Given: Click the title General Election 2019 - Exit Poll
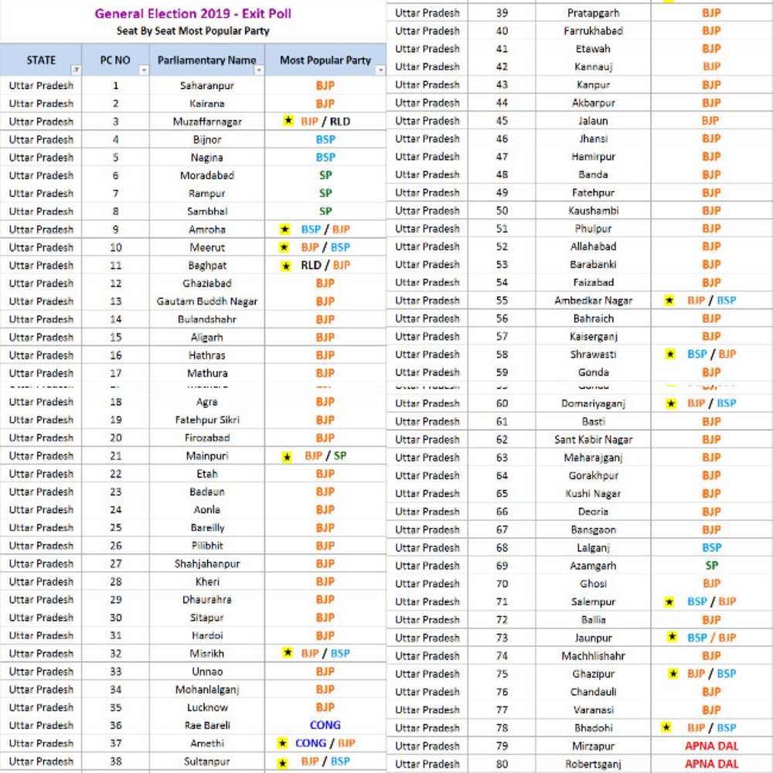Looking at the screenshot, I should (193, 14).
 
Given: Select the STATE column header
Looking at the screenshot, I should (41, 60).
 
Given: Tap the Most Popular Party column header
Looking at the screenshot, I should (325, 60).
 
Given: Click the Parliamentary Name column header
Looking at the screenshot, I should (206, 60).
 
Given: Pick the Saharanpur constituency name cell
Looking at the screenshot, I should (206, 85).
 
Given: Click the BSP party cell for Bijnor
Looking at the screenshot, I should (325, 140).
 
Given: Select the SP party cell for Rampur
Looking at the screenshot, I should (325, 193).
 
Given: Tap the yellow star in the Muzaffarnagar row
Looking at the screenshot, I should (288, 122).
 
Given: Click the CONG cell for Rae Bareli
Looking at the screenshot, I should (325, 725).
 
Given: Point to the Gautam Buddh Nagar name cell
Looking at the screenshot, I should (207, 301).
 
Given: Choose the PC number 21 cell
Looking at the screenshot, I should (115, 456).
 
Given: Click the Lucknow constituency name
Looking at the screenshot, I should (207, 707).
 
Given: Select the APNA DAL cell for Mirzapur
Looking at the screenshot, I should (711, 746).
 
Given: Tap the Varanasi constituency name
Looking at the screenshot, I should (594, 710).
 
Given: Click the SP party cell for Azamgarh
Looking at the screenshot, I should (711, 566).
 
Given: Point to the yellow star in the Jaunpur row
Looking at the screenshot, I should (672, 637).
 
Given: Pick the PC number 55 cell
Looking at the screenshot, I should (502, 301).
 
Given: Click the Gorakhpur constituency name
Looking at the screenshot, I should (594, 475).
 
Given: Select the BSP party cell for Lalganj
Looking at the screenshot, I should (711, 547).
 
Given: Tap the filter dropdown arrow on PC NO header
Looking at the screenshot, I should (143, 70).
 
